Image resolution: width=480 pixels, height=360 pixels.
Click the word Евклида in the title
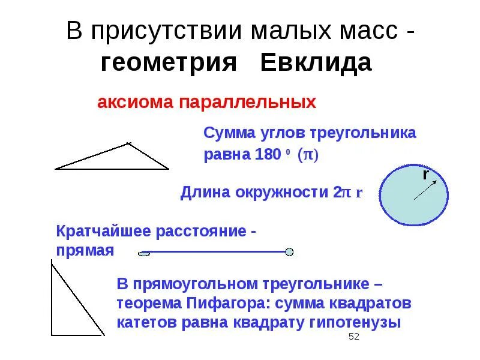tap(316, 62)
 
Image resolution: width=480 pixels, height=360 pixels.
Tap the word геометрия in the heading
tap(170, 62)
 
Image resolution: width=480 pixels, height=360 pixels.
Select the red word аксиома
tap(133, 102)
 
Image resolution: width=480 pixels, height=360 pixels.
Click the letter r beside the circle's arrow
tap(425, 175)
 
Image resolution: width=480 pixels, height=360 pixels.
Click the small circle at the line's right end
tap(289, 252)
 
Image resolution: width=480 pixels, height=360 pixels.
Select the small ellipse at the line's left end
tap(144, 254)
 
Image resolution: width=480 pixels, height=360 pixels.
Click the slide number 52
tap(353, 337)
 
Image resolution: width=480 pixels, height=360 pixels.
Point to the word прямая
tap(85, 250)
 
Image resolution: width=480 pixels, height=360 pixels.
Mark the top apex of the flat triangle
tap(127, 143)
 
